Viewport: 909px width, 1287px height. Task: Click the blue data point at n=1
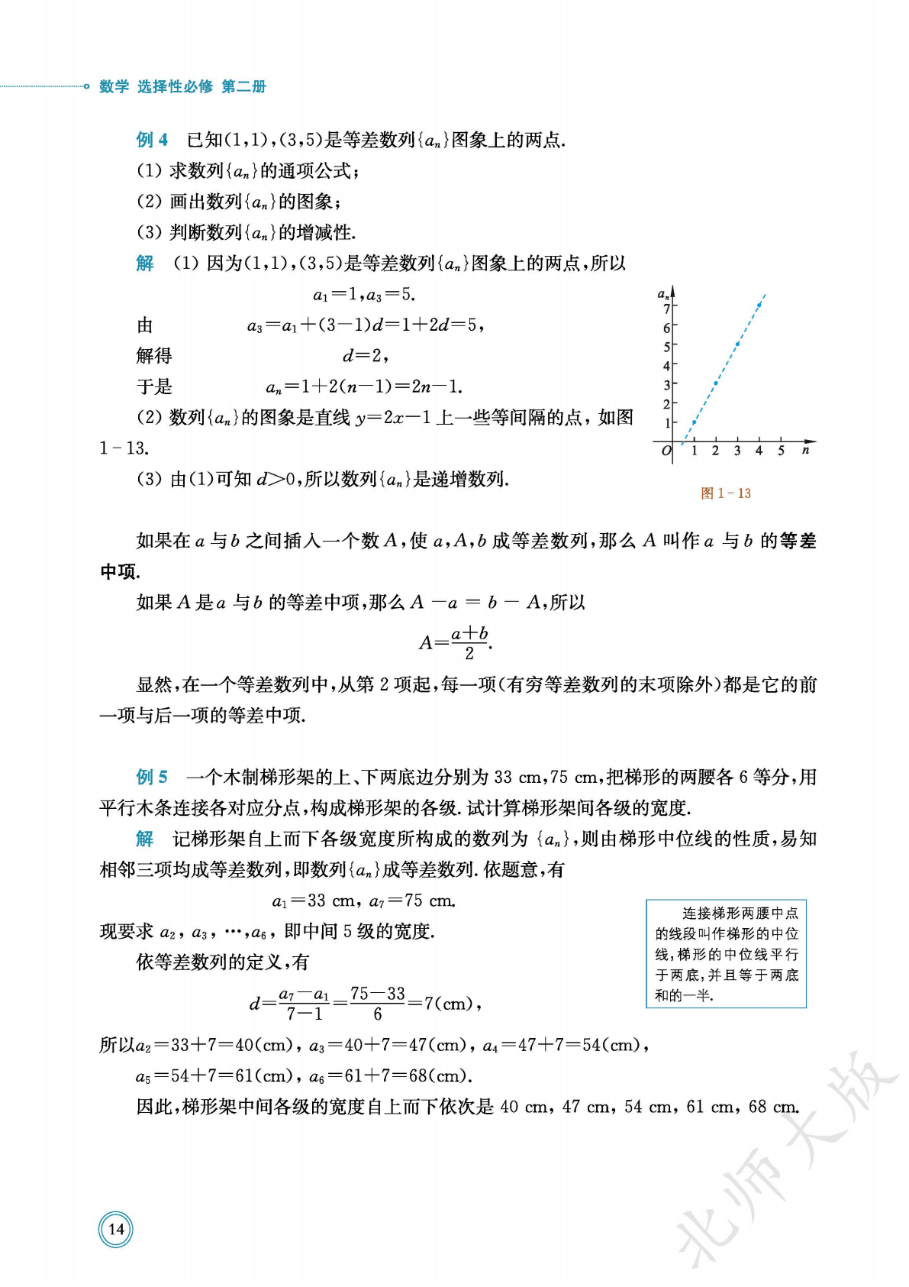click(694, 422)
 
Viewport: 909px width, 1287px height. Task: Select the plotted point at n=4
click(759, 306)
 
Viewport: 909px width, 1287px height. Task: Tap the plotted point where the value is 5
click(737, 344)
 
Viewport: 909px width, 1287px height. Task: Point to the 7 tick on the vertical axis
click(666, 309)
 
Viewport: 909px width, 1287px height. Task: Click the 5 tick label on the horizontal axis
click(781, 451)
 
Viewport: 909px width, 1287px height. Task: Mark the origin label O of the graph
click(666, 451)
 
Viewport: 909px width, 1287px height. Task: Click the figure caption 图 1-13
click(726, 493)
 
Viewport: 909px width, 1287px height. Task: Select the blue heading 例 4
click(152, 140)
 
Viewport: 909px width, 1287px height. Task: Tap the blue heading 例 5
click(152, 778)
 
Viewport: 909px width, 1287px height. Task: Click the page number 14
click(116, 1229)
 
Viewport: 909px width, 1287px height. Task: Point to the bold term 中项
click(118, 572)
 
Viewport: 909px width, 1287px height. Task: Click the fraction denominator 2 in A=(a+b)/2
click(469, 654)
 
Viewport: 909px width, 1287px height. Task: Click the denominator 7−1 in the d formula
click(304, 1014)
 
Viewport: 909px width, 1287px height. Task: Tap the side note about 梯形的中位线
click(726, 954)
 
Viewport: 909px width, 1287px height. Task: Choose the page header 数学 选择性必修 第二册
click(182, 86)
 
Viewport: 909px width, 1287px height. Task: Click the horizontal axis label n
click(805, 450)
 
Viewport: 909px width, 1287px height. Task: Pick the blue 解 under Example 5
click(145, 839)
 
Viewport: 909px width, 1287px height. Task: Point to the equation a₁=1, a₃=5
click(364, 295)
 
